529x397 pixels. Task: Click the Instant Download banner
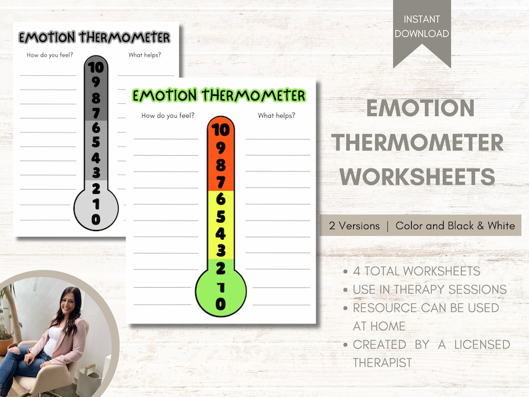(x=422, y=27)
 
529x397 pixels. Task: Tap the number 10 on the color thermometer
(x=221, y=129)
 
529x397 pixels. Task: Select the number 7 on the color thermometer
(x=221, y=181)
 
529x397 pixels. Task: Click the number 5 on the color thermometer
(x=221, y=216)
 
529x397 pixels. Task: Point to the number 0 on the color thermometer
(x=221, y=304)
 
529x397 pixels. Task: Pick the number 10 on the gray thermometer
(x=97, y=67)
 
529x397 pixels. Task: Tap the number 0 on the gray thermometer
(x=97, y=218)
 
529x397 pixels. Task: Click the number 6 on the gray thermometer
(x=97, y=127)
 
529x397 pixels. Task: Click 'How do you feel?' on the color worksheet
(x=168, y=116)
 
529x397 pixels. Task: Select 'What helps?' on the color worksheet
(x=276, y=116)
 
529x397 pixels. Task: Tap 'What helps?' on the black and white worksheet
(x=144, y=55)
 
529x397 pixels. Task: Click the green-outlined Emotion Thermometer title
(x=219, y=95)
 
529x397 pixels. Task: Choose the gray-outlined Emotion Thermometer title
(x=94, y=37)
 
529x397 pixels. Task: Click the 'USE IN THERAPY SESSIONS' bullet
(x=429, y=290)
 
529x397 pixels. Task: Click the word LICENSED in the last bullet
(x=477, y=344)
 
